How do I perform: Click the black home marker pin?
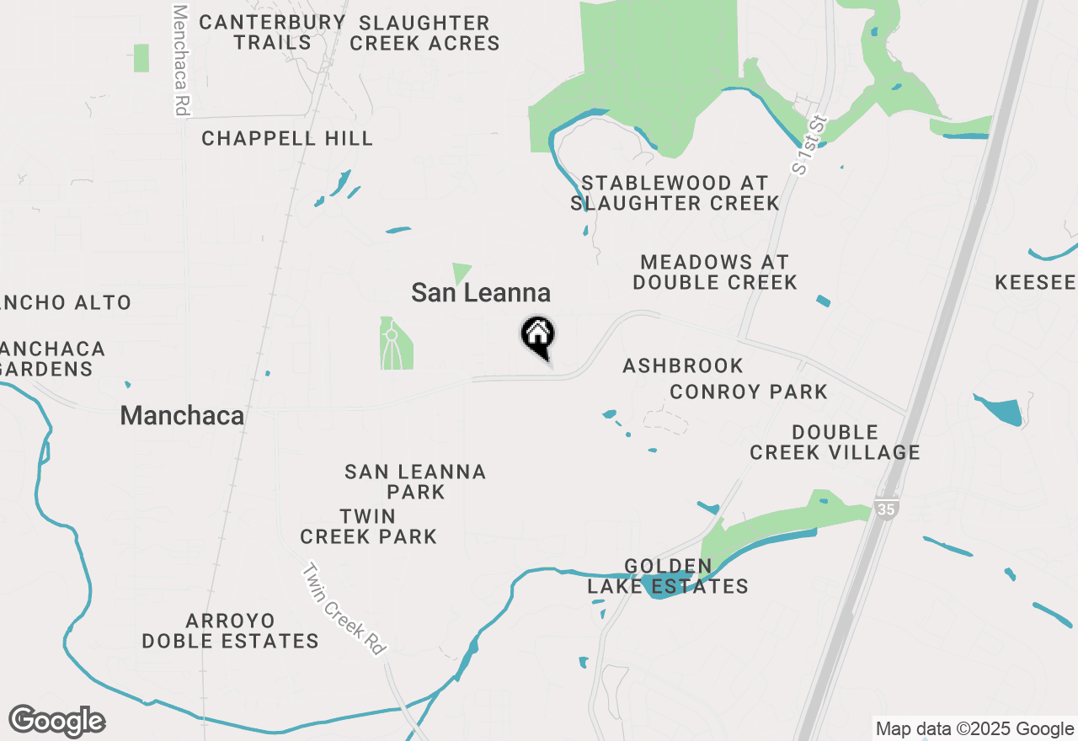click(x=537, y=335)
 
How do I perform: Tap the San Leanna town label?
click(x=481, y=293)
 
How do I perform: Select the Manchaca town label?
click(x=182, y=415)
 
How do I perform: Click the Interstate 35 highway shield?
click(x=885, y=509)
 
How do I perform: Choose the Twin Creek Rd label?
click(x=345, y=609)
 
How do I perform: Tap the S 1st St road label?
click(x=807, y=145)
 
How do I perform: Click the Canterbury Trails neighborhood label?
click(x=272, y=32)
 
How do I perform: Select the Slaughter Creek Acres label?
click(x=424, y=33)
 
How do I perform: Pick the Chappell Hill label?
click(x=287, y=139)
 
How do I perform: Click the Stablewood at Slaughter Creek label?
click(x=675, y=193)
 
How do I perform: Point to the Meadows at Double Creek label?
click(x=715, y=273)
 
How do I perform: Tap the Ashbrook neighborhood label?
click(x=683, y=365)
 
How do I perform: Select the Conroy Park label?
click(x=749, y=392)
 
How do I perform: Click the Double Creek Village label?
click(x=835, y=442)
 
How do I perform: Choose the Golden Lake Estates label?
click(x=668, y=576)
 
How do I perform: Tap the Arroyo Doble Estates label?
click(x=230, y=632)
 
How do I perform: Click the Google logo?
click(x=57, y=722)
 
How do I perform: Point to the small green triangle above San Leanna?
click(x=461, y=272)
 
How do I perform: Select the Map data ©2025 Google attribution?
click(x=974, y=729)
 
